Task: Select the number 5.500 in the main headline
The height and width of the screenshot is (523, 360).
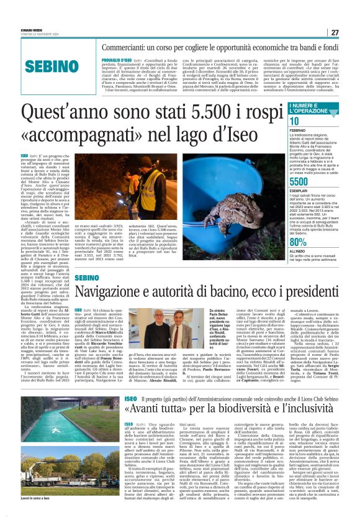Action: click(x=194, y=114)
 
